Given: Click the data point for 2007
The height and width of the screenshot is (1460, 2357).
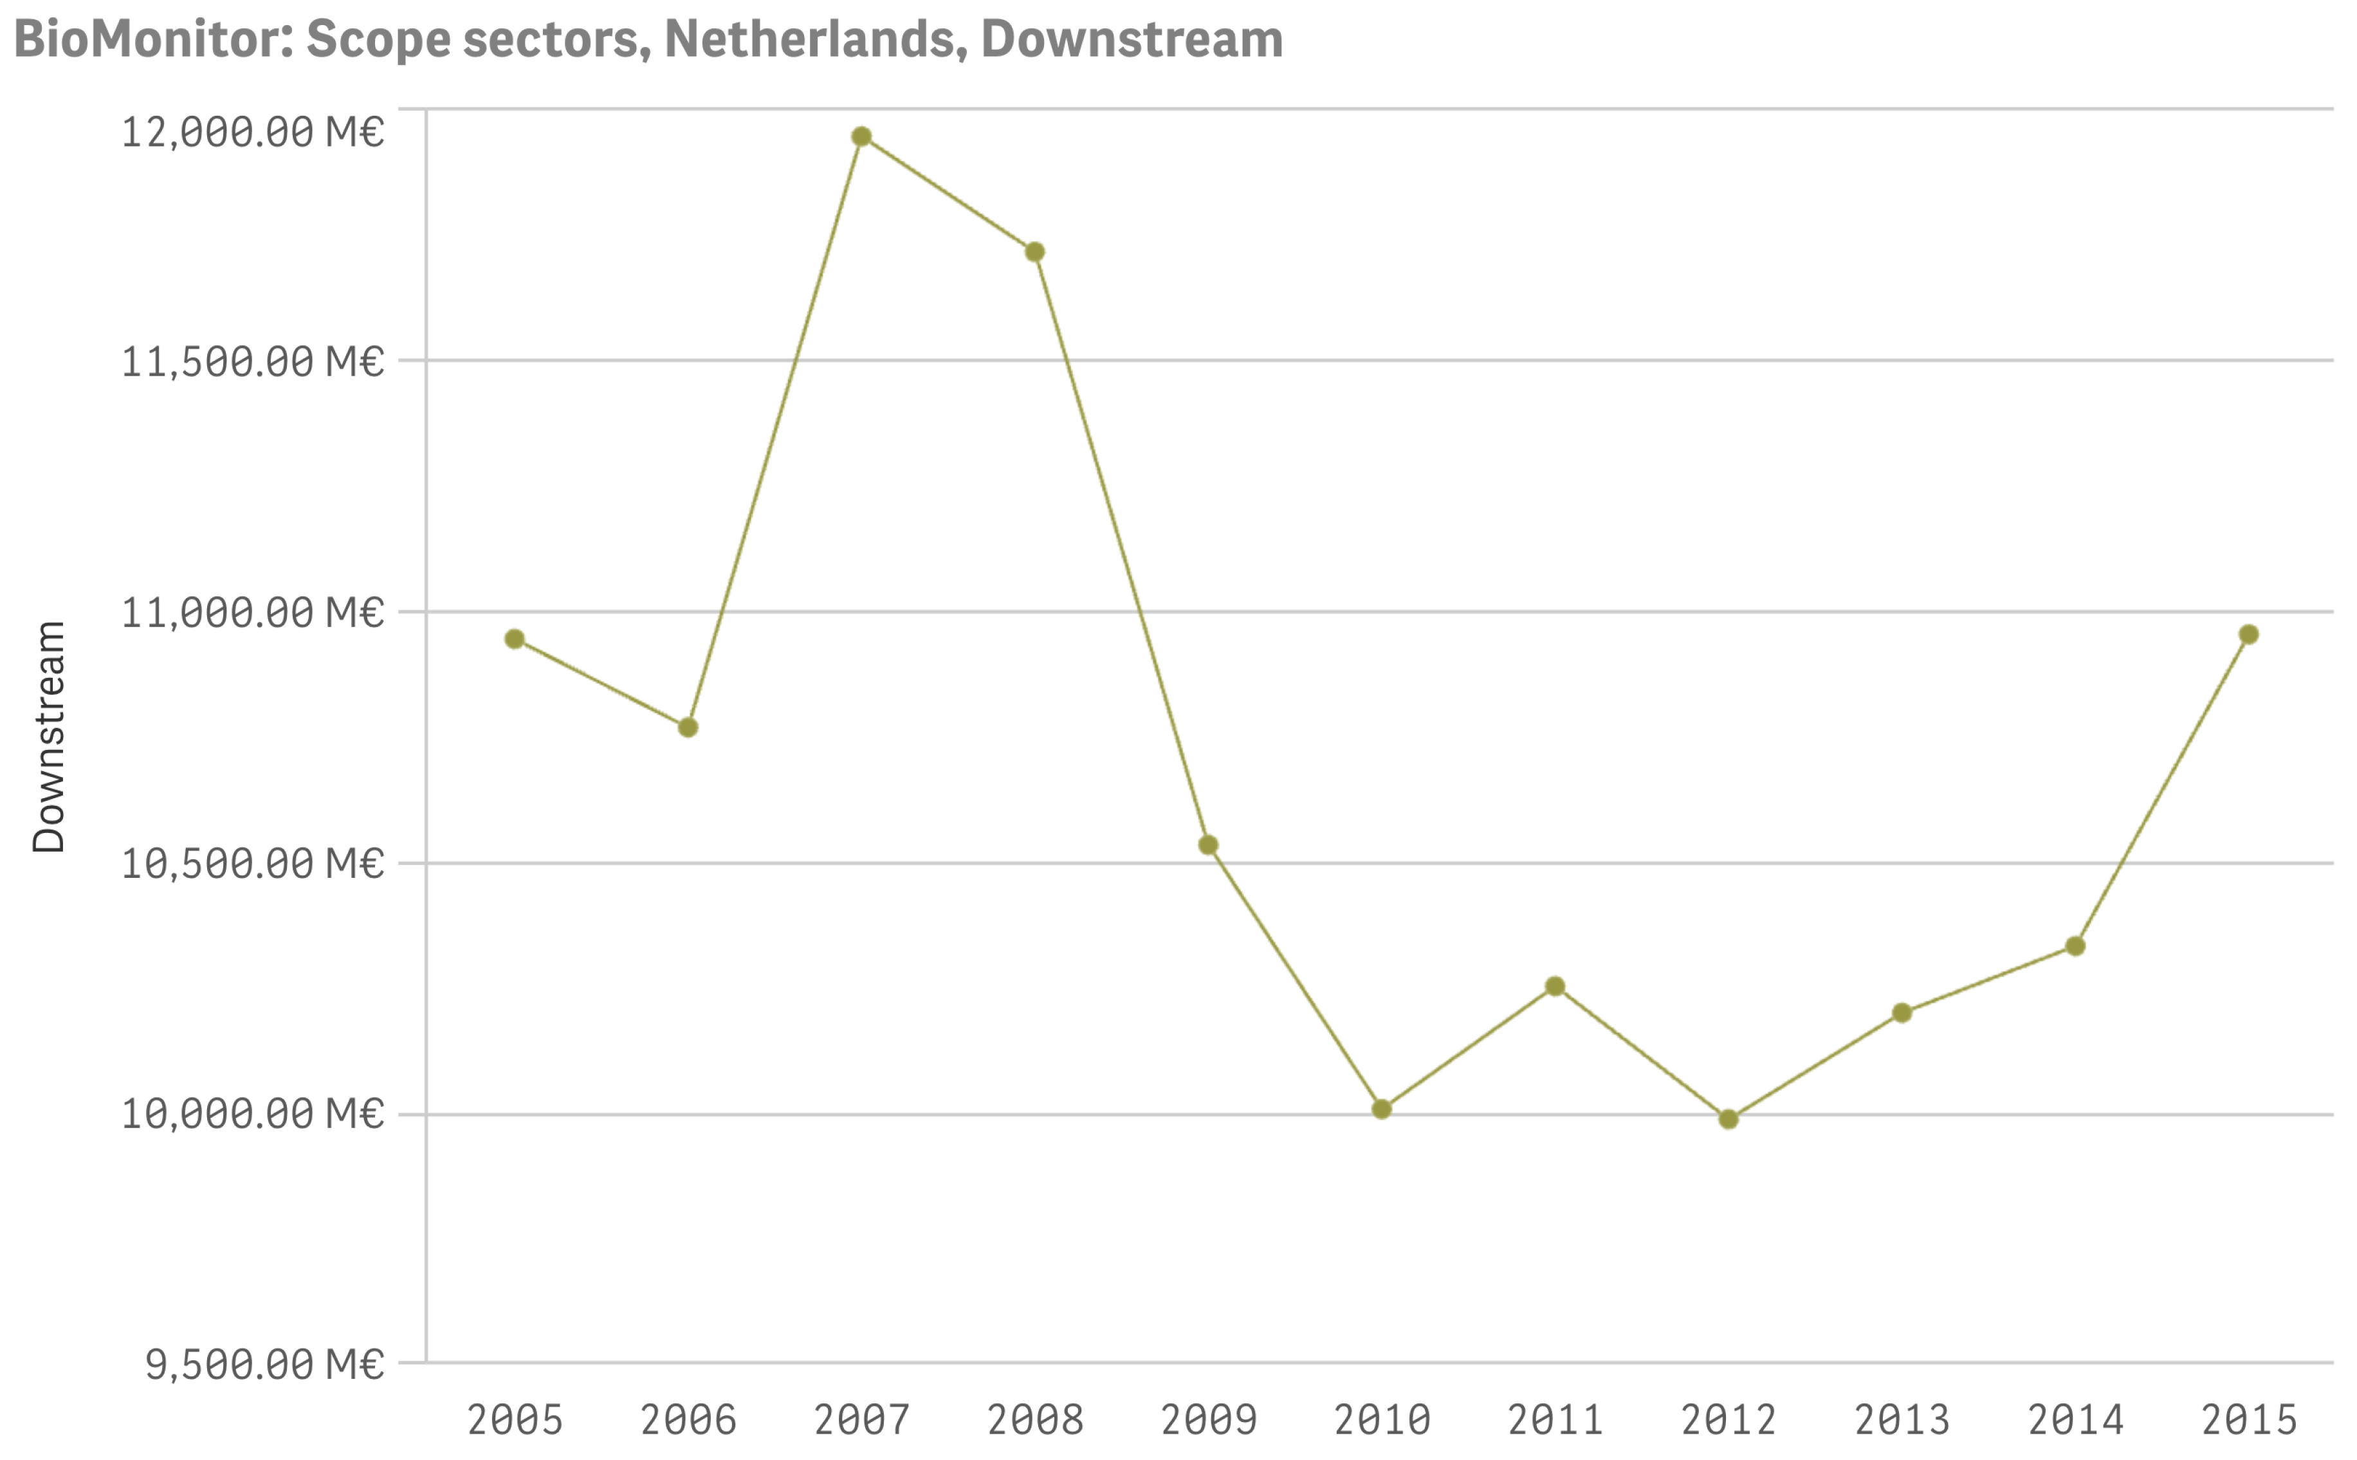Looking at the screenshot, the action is pos(861,137).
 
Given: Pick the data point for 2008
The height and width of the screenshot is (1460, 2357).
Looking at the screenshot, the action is pos(1034,252).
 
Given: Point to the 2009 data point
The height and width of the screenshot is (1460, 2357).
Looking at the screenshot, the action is pos(1208,845).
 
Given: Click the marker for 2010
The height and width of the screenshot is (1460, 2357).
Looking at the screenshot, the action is pos(1382,1109).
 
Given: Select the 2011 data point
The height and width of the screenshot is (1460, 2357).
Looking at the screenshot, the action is pos(1555,986).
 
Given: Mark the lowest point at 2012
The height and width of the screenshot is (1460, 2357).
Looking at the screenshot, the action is pos(1729,1119).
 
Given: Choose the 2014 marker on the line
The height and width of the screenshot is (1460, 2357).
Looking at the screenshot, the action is pos(2075,946).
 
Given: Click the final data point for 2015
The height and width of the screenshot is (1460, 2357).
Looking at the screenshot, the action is pos(2249,634).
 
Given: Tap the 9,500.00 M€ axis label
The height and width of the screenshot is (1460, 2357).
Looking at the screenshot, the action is pos(264,1364).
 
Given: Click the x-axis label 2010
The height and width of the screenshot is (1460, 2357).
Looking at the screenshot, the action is pos(1382,1420).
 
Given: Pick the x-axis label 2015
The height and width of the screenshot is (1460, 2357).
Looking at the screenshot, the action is pos(2249,1420).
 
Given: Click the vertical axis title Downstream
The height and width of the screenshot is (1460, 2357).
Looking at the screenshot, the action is pos(48,737).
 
